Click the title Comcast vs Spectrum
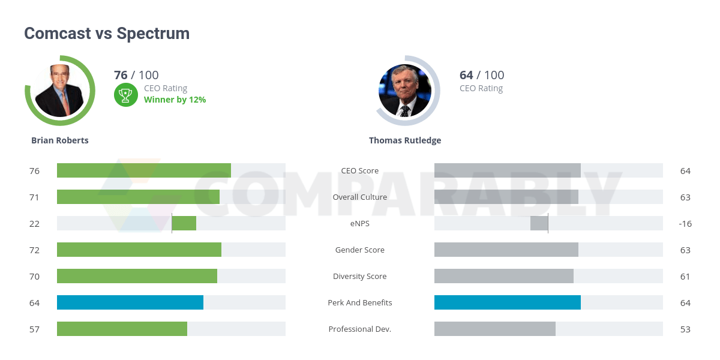point(107,34)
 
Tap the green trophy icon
point(125,94)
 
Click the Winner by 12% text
point(175,100)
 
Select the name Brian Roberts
point(60,140)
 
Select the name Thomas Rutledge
point(405,140)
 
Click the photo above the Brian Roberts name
point(60,91)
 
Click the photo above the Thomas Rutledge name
point(405,91)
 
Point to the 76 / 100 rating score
point(136,75)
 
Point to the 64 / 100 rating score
point(481,75)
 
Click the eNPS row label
point(360,223)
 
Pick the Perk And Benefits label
point(360,302)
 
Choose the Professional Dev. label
point(360,329)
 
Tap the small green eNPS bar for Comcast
point(184,223)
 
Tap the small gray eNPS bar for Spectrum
point(539,223)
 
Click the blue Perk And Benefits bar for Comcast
point(130,302)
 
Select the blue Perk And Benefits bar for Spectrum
point(508,302)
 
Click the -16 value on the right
point(685,223)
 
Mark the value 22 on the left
point(34,223)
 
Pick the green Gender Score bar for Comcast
point(139,250)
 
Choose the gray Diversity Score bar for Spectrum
point(504,276)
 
